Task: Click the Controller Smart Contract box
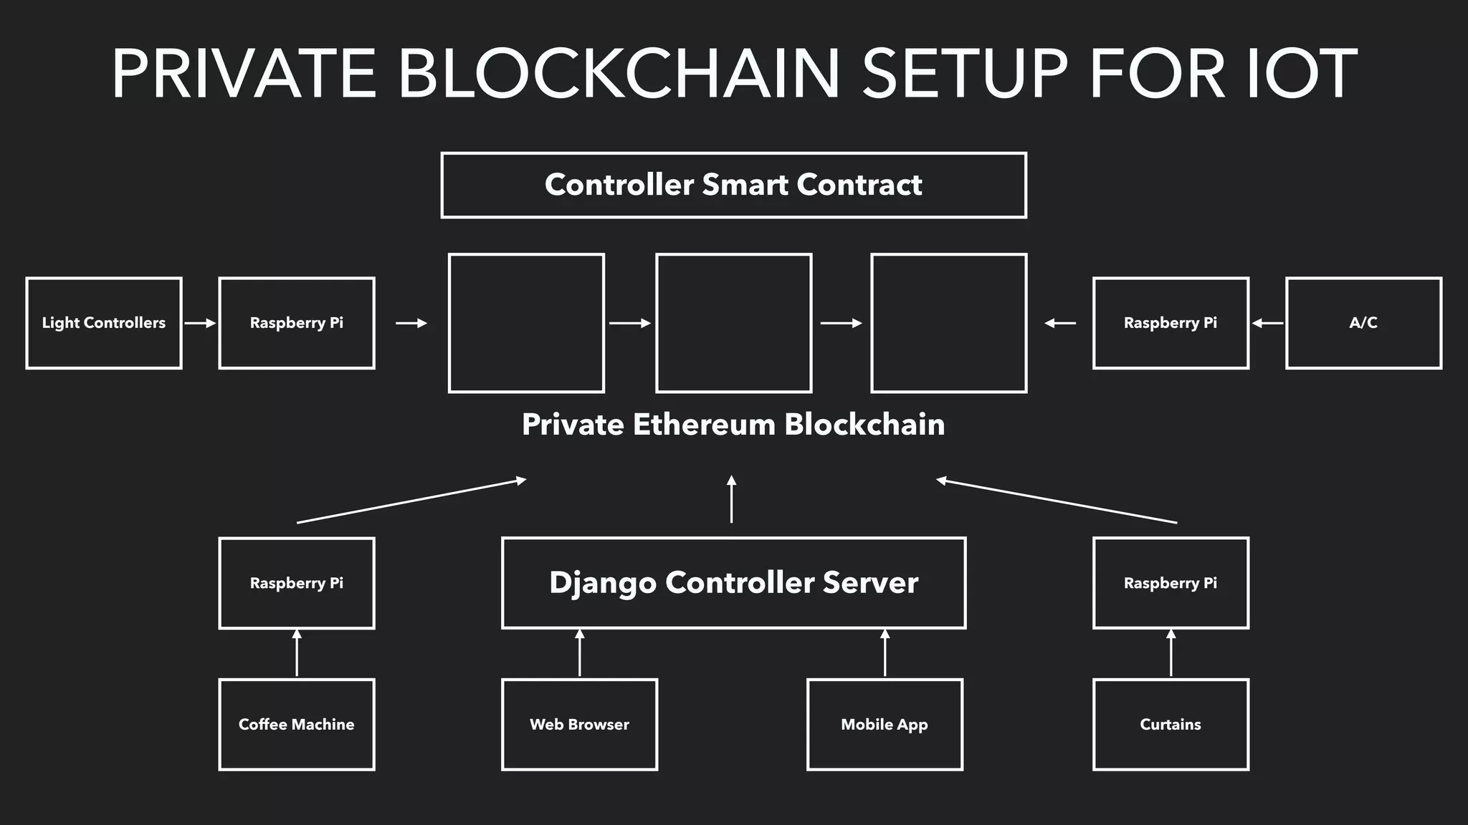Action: [733, 185]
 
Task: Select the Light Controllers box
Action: [104, 323]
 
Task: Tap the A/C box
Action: [1363, 323]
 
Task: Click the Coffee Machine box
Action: [296, 724]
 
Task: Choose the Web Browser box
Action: [579, 724]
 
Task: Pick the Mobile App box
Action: [884, 724]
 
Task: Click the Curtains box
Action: [1170, 724]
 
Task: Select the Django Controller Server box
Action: [733, 582]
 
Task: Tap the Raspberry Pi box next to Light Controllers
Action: [296, 323]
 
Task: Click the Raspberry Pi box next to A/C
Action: [1170, 323]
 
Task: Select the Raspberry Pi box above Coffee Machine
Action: [296, 583]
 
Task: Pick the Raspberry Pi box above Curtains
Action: [1170, 583]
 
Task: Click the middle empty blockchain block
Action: [733, 323]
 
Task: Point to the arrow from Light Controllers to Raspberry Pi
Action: [200, 323]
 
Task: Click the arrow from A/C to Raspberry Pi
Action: [1267, 323]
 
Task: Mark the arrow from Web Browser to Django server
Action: [579, 653]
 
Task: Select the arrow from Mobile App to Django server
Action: [885, 653]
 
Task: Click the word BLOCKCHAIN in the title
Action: [618, 74]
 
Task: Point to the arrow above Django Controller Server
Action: [731, 499]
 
